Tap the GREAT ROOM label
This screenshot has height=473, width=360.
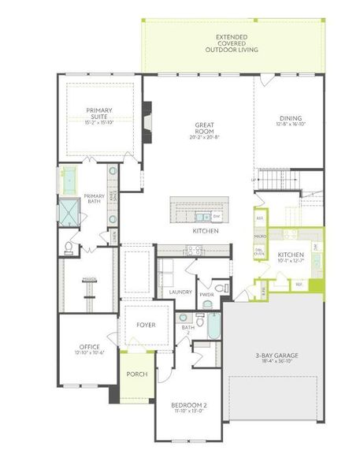[x=206, y=128]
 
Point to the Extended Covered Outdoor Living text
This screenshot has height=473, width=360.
[x=232, y=43]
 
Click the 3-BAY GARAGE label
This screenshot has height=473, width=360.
[x=276, y=356]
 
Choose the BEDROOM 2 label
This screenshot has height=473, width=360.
[x=188, y=405]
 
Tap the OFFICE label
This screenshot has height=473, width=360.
[x=89, y=347]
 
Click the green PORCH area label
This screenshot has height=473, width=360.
[x=137, y=374]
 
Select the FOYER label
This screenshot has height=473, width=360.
[x=146, y=325]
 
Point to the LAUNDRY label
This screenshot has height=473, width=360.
[x=180, y=292]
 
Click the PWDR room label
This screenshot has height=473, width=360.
[x=207, y=294]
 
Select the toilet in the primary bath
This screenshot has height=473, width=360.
[x=69, y=248]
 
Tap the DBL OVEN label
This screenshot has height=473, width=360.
[x=259, y=251]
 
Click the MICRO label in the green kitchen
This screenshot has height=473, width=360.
[x=259, y=235]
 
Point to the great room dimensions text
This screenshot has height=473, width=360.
[x=206, y=137]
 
